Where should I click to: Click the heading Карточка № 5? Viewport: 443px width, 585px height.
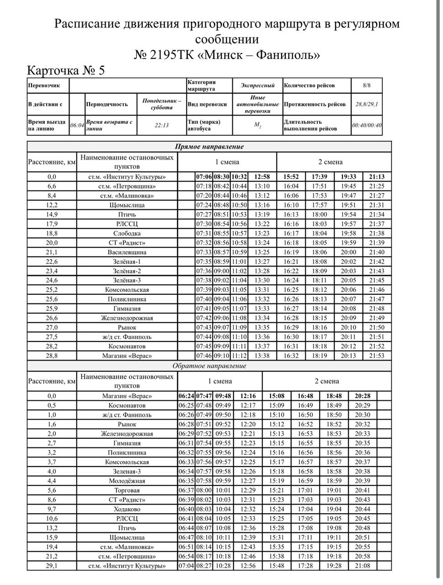tap(66, 70)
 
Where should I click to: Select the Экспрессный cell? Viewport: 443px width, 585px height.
tap(257, 85)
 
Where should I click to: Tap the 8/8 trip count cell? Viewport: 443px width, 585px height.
tap(366, 85)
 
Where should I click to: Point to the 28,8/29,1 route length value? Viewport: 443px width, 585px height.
tap(366, 104)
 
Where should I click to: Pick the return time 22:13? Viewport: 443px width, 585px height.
tap(161, 125)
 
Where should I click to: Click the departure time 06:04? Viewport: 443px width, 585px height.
tap(77, 125)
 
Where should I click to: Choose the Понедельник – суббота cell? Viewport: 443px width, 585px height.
tap(161, 104)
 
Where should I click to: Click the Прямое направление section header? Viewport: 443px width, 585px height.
tap(209, 147)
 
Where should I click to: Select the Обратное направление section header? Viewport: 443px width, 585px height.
tap(209, 366)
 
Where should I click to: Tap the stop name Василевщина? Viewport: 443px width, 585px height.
tap(127, 252)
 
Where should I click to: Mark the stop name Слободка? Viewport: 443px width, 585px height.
tap(127, 233)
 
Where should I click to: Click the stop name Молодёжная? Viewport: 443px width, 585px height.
tap(127, 481)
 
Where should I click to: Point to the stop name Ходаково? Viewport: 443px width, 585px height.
tap(127, 509)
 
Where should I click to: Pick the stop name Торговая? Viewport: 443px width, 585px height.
tap(127, 490)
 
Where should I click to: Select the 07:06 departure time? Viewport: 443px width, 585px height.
tap(204, 177)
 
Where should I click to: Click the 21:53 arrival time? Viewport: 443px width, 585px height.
tap(377, 356)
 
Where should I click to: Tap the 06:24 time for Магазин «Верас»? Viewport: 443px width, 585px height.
tap(186, 396)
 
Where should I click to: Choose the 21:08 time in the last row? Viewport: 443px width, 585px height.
tap(363, 566)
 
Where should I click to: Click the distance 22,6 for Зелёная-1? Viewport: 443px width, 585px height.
tap(52, 262)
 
